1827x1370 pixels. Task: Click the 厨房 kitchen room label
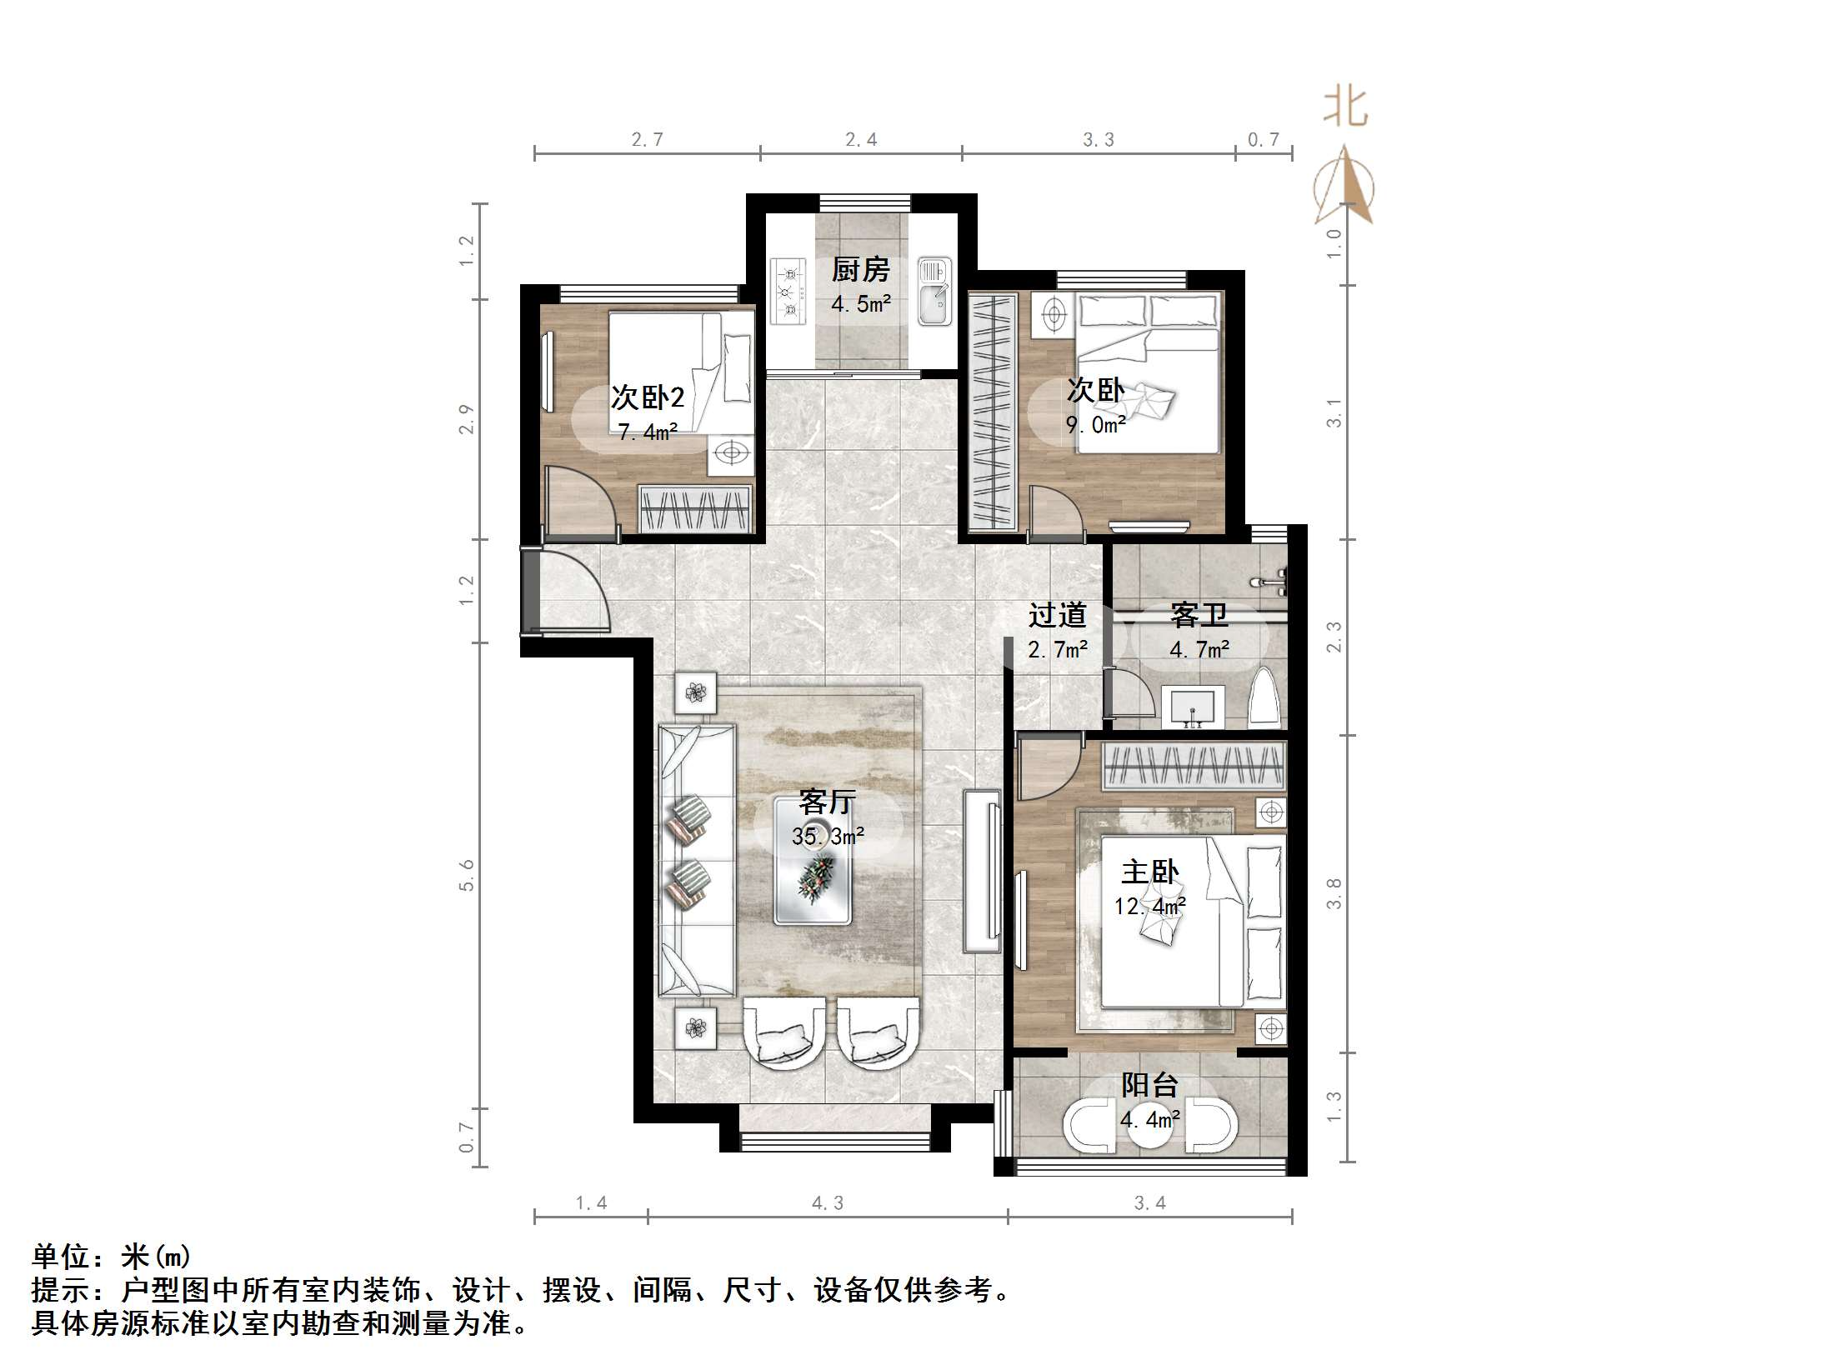(860, 269)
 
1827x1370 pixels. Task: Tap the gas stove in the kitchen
(788, 291)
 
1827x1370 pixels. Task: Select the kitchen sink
(934, 291)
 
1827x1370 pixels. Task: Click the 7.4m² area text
(647, 432)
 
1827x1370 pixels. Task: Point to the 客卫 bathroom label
(1199, 615)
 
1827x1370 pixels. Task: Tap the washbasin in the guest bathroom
(1194, 707)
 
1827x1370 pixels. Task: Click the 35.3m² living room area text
(827, 836)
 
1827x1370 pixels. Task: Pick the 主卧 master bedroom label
(1149, 872)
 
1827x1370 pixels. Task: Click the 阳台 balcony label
(1149, 1084)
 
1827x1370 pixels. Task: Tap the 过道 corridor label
(1057, 615)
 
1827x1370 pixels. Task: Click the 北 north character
(1345, 108)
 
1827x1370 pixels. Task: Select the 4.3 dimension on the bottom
(827, 1202)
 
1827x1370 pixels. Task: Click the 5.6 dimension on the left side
(467, 875)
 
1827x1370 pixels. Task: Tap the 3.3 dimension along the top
(1098, 140)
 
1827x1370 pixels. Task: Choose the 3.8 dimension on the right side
(1334, 893)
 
